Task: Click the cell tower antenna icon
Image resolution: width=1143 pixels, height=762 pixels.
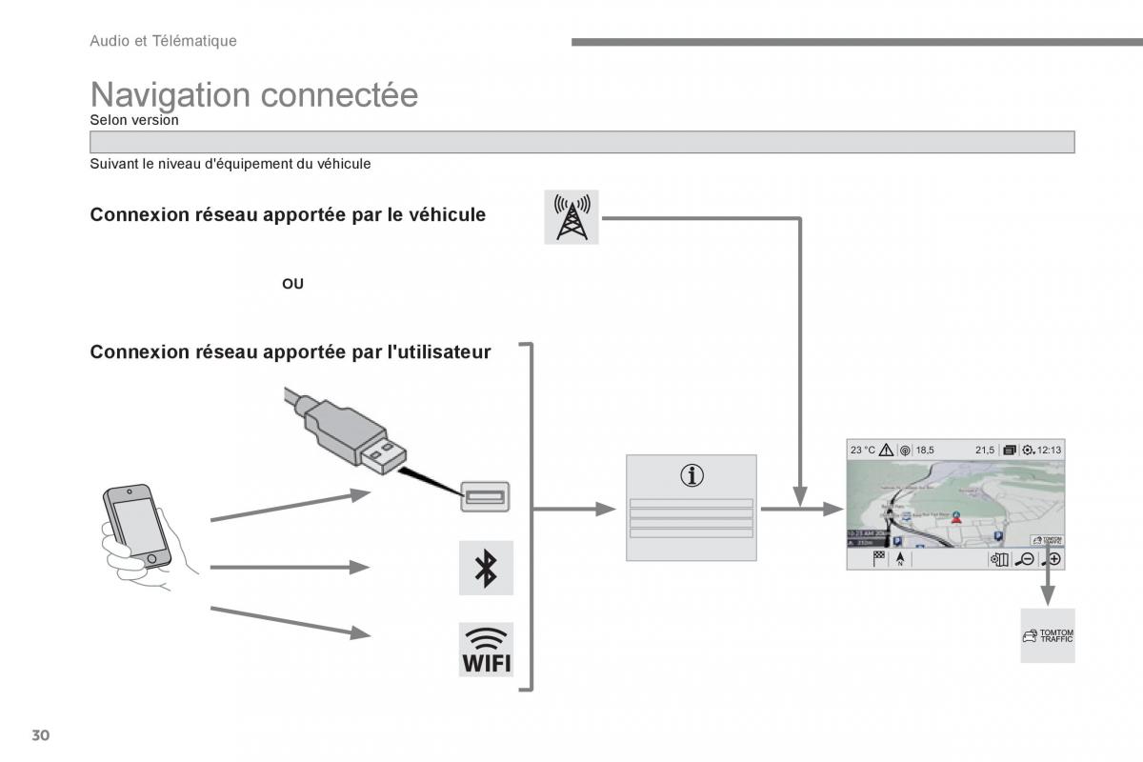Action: point(571,216)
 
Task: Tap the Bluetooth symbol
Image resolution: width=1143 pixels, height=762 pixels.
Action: point(486,568)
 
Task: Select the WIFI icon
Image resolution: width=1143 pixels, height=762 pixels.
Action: point(486,650)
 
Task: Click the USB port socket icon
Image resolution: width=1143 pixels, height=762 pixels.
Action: point(486,496)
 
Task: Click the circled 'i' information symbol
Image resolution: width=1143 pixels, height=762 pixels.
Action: point(692,475)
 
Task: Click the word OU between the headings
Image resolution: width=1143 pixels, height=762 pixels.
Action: point(292,284)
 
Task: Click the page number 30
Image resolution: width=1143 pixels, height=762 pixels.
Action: point(40,735)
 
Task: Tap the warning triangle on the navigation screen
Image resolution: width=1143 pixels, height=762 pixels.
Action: point(886,450)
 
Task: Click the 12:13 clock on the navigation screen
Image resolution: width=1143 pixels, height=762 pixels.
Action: point(1050,450)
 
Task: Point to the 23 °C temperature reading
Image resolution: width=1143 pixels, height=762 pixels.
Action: point(863,450)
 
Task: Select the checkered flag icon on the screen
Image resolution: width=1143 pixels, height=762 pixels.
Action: point(879,559)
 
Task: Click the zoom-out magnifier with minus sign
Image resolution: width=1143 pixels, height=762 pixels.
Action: point(1025,559)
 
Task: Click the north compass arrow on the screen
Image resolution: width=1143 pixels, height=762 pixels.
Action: point(898,559)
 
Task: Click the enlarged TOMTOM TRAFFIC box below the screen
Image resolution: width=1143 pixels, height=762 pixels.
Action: point(1048,635)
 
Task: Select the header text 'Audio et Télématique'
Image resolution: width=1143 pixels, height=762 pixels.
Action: point(163,41)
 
